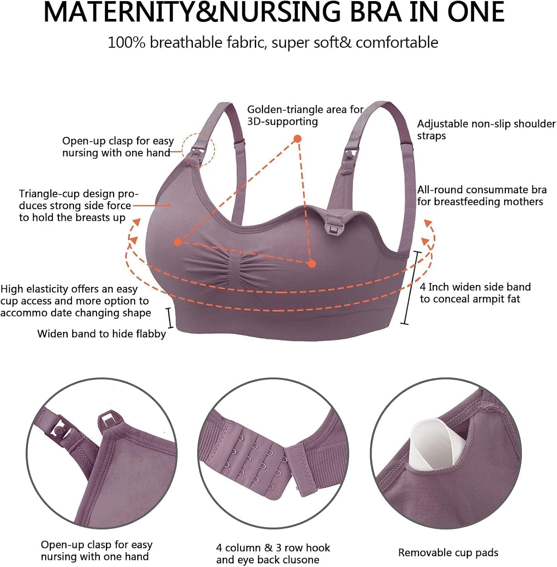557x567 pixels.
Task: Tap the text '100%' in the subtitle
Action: (x=127, y=42)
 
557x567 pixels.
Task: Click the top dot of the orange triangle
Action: (x=298, y=139)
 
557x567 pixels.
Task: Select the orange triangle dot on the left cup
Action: (x=178, y=242)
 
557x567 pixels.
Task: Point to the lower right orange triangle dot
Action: (x=312, y=264)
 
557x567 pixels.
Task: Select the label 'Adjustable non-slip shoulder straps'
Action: (x=486, y=130)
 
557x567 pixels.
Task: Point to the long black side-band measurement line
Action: (x=411, y=288)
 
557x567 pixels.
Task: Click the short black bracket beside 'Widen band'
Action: (x=170, y=318)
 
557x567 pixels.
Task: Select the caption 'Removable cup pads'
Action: (x=448, y=553)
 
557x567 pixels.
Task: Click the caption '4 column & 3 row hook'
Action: (x=273, y=548)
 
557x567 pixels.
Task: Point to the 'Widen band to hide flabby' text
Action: (x=102, y=334)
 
